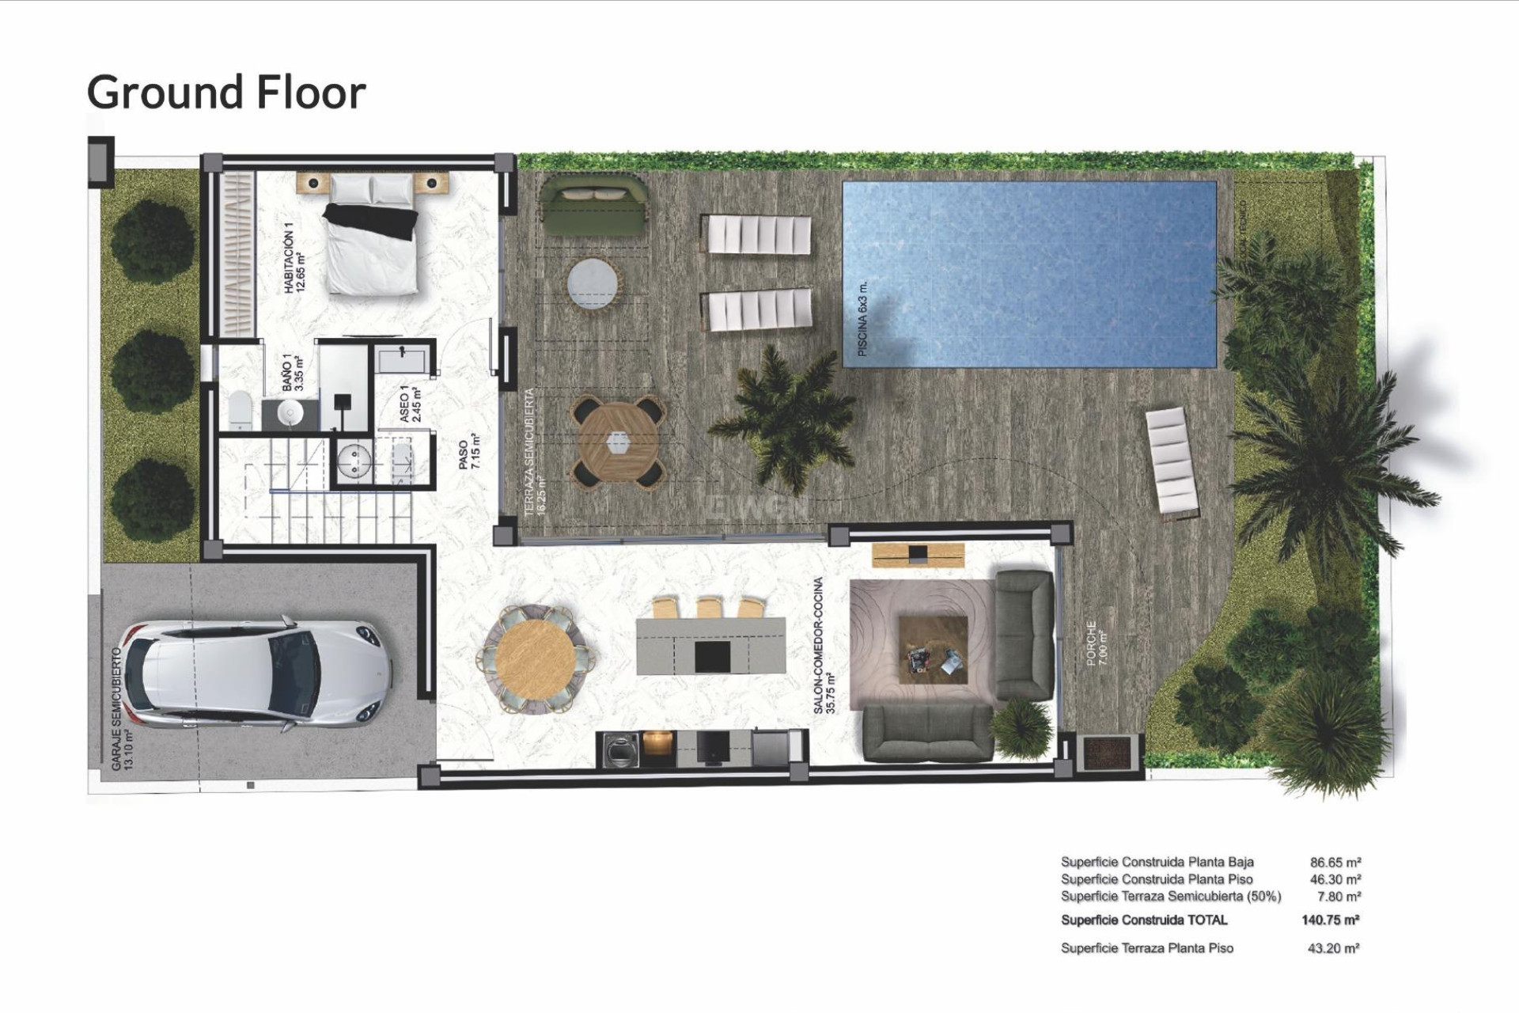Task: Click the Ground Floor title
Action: (226, 92)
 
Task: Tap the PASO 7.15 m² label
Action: (469, 451)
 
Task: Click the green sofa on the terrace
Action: (593, 206)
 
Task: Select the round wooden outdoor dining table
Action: (618, 443)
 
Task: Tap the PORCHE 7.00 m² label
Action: (1097, 643)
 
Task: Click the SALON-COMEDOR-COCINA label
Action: (824, 645)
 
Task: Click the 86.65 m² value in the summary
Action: (1335, 862)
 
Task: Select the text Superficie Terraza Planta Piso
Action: (1146, 947)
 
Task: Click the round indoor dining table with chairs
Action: (536, 657)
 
